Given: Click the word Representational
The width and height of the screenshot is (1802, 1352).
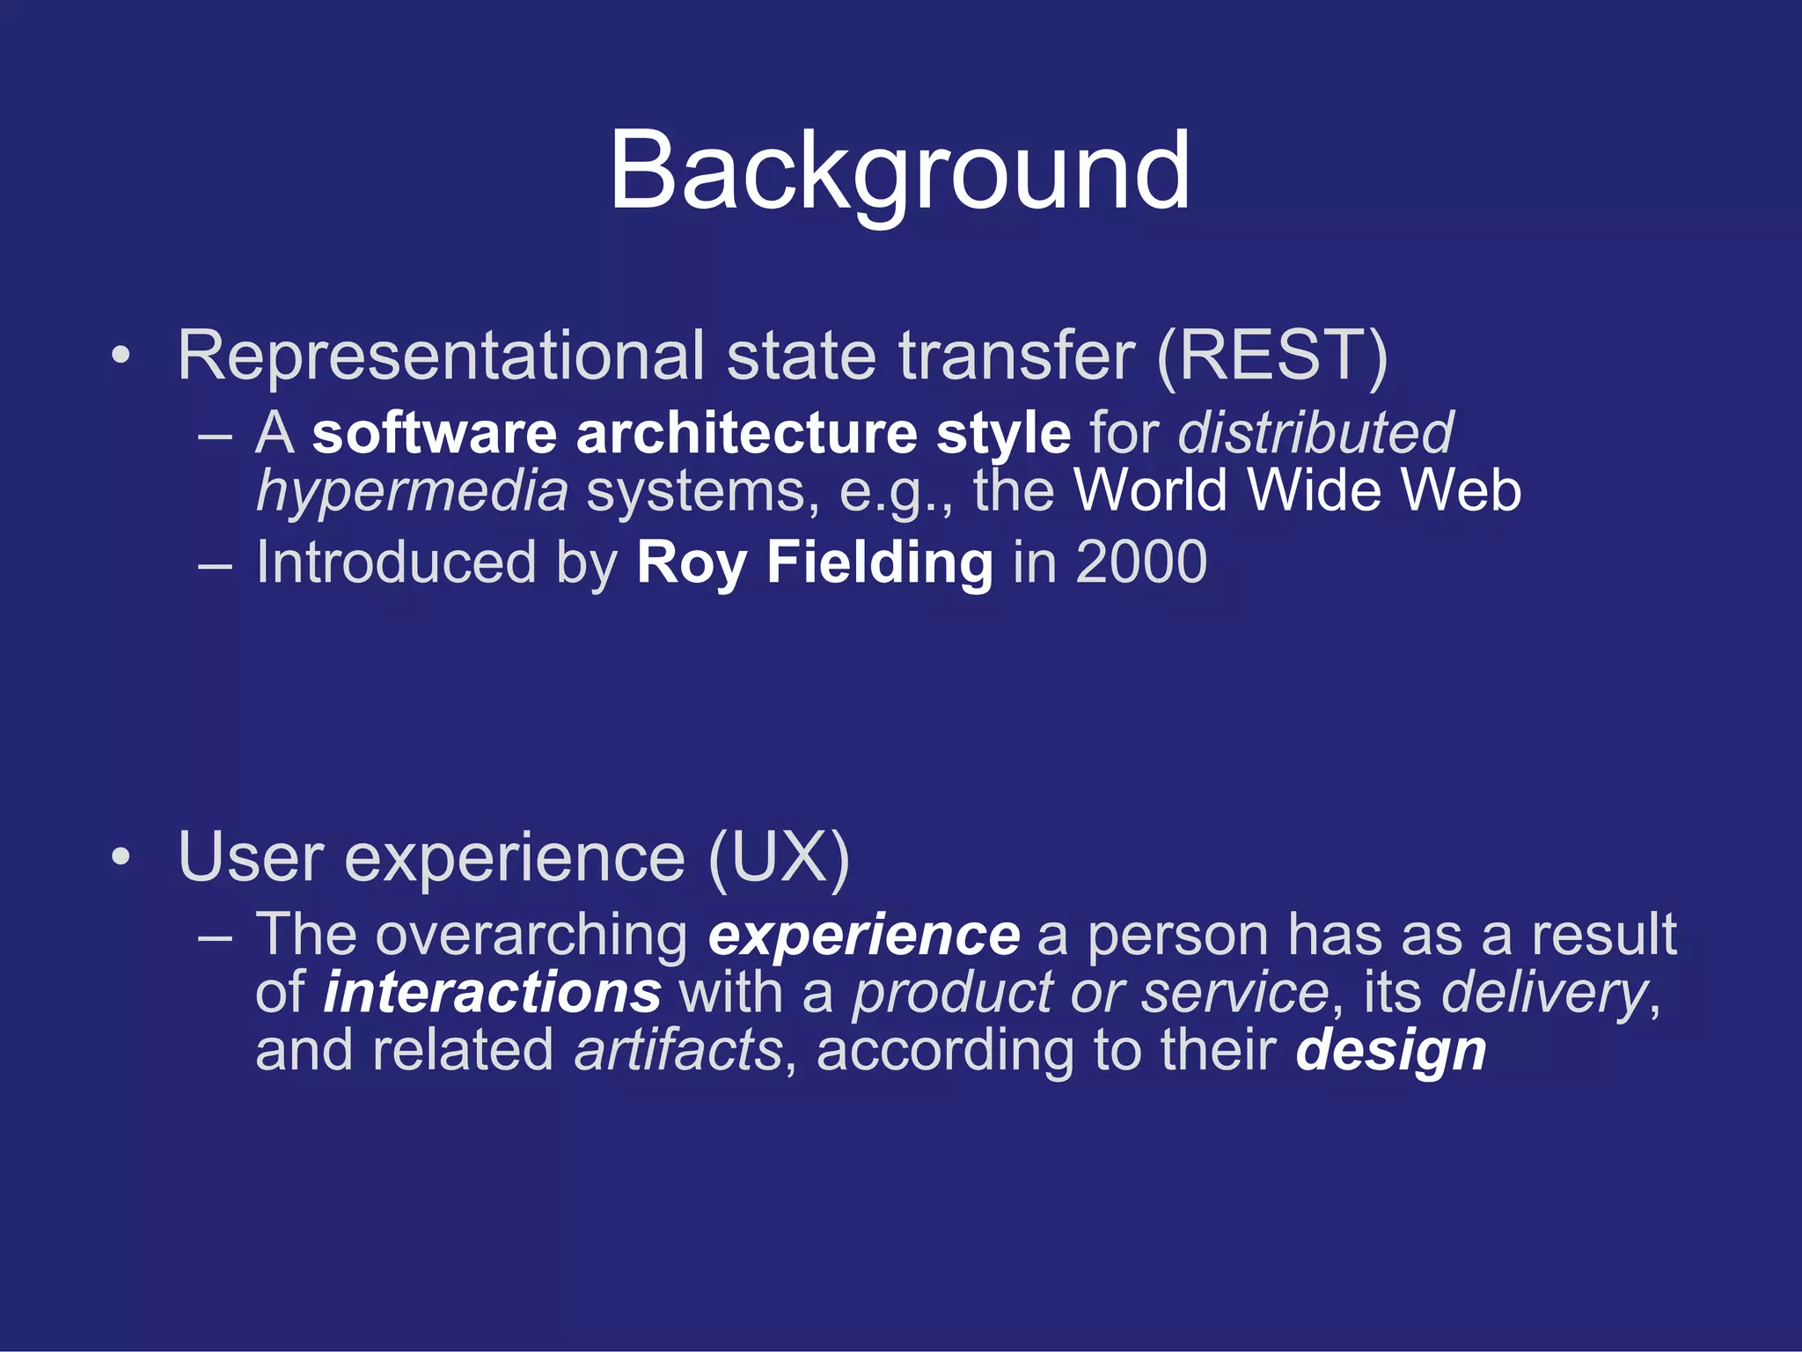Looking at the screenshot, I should (440, 356).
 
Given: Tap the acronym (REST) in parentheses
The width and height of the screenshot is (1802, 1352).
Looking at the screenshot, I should (1271, 356).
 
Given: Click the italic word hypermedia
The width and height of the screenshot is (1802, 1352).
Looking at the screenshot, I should (412, 491).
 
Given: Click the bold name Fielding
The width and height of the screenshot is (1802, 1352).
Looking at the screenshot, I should (879, 562).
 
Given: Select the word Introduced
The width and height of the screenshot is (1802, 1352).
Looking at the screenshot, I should (396, 562).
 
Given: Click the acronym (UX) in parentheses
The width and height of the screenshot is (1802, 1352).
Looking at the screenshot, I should (779, 857).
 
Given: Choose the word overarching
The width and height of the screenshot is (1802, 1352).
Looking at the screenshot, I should (531, 935).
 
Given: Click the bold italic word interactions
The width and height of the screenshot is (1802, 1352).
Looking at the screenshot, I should (492, 993).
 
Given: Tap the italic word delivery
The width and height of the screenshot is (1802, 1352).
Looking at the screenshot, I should (1544, 993).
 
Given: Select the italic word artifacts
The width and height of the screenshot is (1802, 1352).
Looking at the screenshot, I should (678, 1051).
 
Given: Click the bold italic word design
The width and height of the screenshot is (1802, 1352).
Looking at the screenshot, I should (1390, 1051).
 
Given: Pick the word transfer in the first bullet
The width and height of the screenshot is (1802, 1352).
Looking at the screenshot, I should (1016, 356).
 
